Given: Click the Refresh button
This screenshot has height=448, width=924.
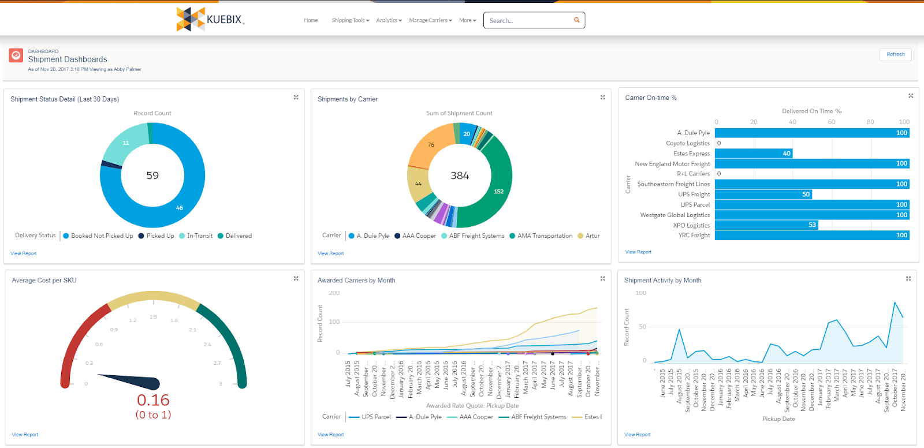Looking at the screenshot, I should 895,54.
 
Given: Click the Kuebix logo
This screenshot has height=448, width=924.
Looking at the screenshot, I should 210,20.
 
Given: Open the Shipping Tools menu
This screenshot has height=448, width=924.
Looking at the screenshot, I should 350,20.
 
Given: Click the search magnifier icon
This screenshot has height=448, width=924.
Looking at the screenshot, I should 576,20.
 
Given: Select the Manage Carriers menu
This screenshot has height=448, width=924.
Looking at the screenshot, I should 430,20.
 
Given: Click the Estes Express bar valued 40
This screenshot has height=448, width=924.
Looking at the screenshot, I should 754,154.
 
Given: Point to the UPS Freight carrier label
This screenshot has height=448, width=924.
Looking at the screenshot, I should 694,195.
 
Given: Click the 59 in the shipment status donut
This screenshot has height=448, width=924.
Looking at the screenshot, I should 152,176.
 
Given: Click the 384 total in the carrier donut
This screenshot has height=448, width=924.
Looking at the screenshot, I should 460,176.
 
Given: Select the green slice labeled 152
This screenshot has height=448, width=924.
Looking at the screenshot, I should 498,191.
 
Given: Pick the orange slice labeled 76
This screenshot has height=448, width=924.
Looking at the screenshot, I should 431,145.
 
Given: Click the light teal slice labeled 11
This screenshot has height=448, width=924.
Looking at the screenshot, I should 125,143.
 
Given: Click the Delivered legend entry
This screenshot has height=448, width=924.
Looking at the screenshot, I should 239,236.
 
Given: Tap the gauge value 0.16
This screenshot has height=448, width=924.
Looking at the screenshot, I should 153,400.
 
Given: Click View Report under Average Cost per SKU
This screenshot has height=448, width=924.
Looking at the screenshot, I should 25,435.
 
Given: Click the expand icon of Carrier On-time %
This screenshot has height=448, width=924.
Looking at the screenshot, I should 911,96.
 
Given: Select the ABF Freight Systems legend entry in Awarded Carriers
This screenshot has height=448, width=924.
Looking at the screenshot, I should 538,417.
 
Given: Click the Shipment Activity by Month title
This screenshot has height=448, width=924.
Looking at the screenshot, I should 662,281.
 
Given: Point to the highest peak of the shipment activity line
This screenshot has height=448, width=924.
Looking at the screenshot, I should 895,302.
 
